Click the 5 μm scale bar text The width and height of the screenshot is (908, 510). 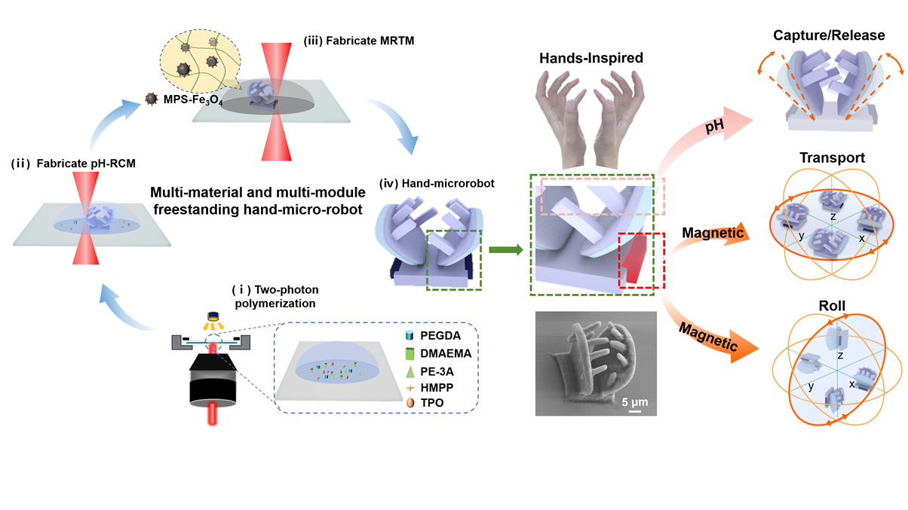(634, 399)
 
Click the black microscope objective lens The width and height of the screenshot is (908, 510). (215, 380)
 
